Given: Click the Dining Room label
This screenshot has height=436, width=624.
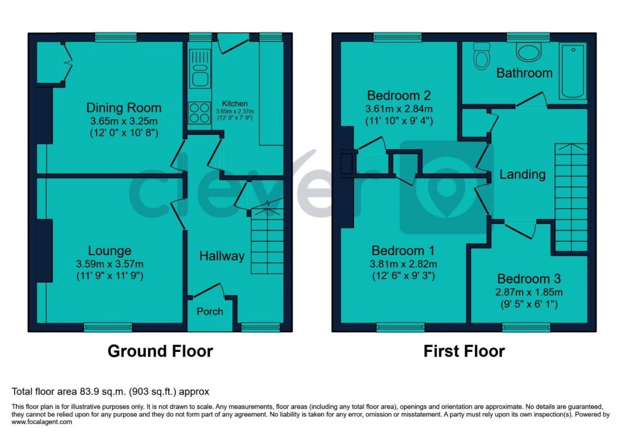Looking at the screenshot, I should (124, 108).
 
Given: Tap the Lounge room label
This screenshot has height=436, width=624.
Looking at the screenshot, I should (110, 251).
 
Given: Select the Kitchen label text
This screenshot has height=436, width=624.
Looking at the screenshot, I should (235, 104).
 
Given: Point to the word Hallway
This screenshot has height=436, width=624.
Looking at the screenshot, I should (222, 256).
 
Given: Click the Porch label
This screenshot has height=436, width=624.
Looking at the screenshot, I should (210, 311).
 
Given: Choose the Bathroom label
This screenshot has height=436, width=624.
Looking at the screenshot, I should (524, 73).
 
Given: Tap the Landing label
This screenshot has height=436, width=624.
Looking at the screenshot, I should (522, 174).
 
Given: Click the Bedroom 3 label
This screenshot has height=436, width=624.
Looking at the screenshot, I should (528, 279).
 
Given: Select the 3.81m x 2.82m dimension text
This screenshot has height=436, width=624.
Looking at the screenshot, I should (404, 264).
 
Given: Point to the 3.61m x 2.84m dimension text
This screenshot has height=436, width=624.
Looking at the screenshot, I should (399, 109).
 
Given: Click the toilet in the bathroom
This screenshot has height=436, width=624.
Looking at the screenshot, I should (482, 59).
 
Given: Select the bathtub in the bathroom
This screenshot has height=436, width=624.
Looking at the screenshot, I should (573, 71).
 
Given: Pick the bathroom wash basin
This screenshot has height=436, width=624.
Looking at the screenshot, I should (527, 52).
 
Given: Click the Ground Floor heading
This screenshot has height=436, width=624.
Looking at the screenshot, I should (160, 351).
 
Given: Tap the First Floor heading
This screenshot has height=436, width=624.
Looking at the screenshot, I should (464, 351).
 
